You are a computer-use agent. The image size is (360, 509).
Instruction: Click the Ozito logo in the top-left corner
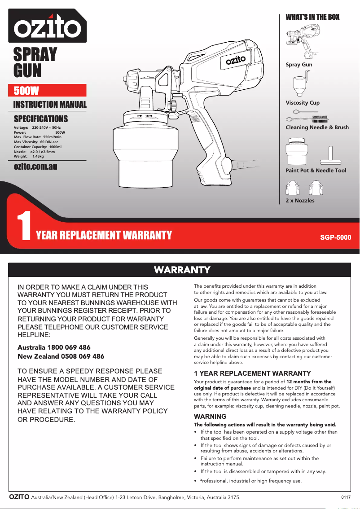coord(47,26)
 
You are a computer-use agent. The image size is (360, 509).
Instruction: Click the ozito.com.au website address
coord(36,167)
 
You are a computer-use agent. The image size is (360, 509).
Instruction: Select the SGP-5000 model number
coord(335,237)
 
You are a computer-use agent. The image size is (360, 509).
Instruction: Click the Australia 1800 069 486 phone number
coord(54,347)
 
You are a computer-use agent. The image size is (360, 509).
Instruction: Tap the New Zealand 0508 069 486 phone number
coord(61,356)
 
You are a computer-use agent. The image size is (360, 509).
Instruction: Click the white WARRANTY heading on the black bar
coord(182,270)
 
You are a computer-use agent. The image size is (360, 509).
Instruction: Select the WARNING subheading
coord(210,417)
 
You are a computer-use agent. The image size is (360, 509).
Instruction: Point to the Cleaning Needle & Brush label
coord(317,127)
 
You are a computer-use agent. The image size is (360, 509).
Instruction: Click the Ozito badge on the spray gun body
coord(235,60)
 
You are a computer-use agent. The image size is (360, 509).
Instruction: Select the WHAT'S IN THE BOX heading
coord(312,17)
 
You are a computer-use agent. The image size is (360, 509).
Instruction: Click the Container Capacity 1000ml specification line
coord(38,147)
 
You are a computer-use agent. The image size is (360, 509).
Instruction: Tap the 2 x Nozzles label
coord(300,201)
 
